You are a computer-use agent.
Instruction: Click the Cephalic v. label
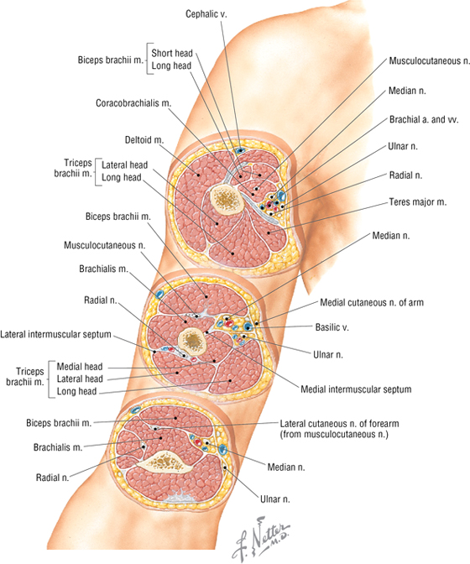(x=206, y=14)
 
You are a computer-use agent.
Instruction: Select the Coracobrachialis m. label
(x=133, y=103)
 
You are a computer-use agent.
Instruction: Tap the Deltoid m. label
(x=144, y=139)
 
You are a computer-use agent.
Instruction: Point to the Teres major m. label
(x=417, y=202)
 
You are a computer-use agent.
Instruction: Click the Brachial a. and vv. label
(x=424, y=119)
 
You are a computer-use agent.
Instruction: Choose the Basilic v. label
(x=332, y=327)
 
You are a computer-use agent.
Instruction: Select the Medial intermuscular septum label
(x=356, y=389)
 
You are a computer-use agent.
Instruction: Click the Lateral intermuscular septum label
(x=55, y=335)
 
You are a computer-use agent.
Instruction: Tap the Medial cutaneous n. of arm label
(x=372, y=302)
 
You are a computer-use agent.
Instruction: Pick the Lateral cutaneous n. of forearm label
(x=339, y=424)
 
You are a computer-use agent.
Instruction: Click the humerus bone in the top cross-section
(x=227, y=199)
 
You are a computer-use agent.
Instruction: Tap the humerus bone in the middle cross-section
(x=193, y=341)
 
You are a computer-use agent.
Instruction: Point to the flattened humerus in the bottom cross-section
(x=164, y=462)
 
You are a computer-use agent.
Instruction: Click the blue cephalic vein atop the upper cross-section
(x=239, y=150)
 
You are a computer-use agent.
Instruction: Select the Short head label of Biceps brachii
(x=172, y=53)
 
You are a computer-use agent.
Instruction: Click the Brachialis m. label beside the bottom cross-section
(x=58, y=447)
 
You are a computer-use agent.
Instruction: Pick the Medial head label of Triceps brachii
(x=80, y=367)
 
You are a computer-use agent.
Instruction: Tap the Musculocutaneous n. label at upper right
(x=430, y=61)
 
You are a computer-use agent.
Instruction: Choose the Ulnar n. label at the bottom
(x=275, y=499)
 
